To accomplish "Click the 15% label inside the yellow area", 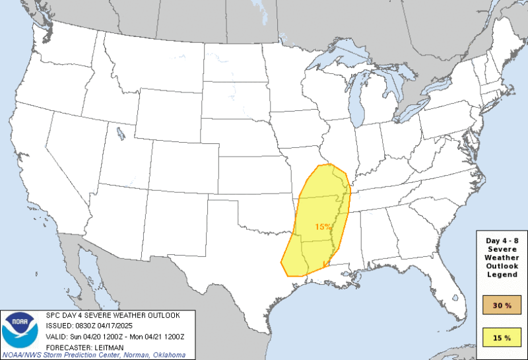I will pyautogui.click(x=323, y=227).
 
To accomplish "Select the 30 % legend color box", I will pyautogui.click(x=502, y=305).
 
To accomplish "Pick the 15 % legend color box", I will pyautogui.click(x=502, y=338).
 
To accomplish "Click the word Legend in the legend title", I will pyautogui.click(x=502, y=273).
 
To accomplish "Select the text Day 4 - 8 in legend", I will pyautogui.click(x=502, y=239).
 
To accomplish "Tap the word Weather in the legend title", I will pyautogui.click(x=502, y=256).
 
